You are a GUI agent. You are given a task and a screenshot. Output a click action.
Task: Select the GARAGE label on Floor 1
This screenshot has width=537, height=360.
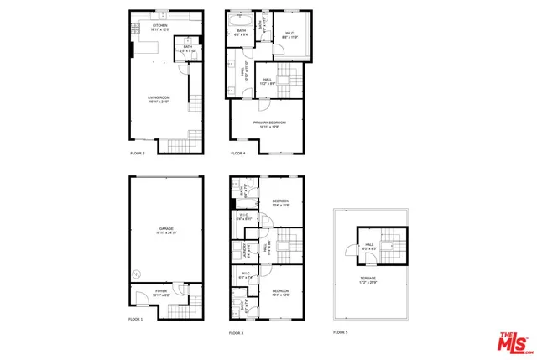[x=166, y=229]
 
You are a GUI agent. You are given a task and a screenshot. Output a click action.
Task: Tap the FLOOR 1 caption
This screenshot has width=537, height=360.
[x=136, y=320]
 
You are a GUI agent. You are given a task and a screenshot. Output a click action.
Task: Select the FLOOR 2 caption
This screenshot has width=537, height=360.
[x=138, y=154]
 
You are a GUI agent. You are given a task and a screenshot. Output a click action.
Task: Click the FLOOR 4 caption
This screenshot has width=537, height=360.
[x=237, y=154]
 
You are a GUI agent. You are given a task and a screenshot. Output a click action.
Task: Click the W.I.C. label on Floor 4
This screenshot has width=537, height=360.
[x=289, y=34]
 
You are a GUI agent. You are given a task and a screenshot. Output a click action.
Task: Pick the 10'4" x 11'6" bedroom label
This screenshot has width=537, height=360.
[x=280, y=203]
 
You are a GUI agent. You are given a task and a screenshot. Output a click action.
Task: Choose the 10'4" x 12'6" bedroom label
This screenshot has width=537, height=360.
[x=280, y=292]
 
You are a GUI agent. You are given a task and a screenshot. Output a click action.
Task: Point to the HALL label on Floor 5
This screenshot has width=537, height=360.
[x=368, y=246]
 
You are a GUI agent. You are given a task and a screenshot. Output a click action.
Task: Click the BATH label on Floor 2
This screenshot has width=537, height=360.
[x=187, y=49]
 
